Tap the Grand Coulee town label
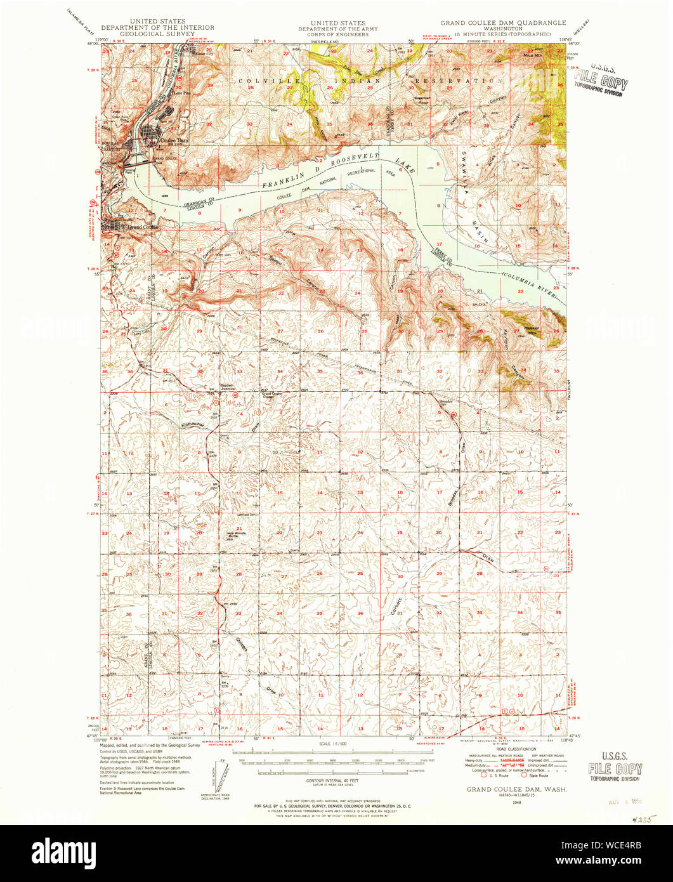[x=143, y=227]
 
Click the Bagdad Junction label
[x=227, y=388]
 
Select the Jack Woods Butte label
[x=236, y=534]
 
